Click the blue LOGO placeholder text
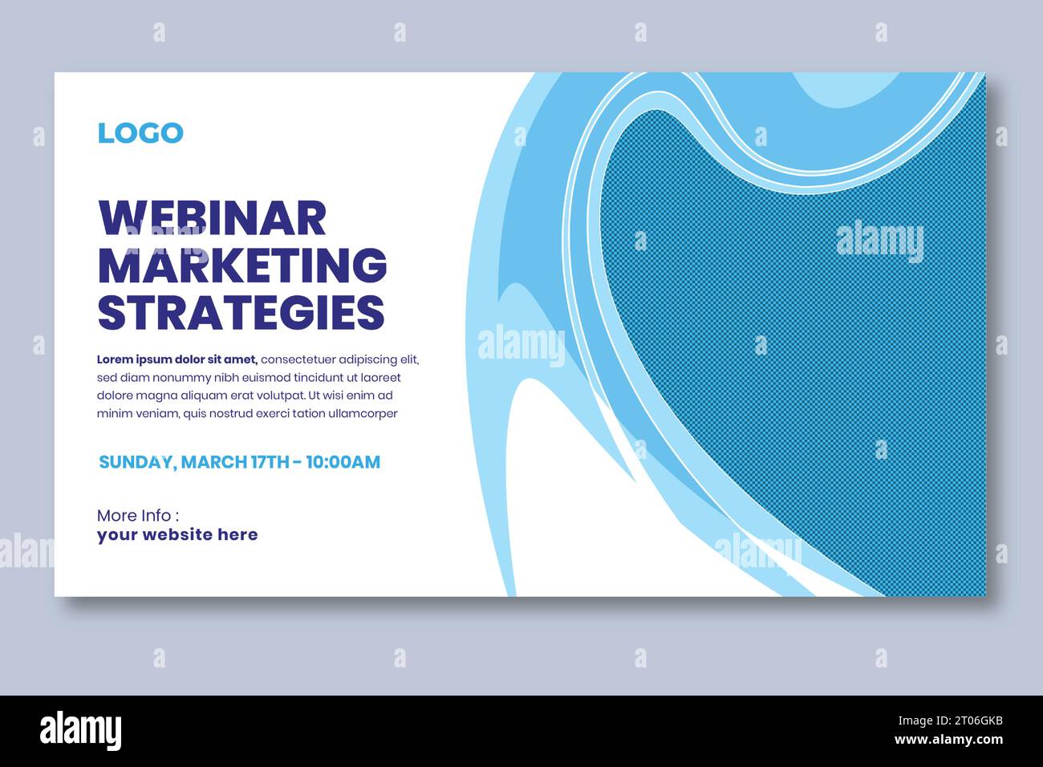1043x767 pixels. [x=140, y=133]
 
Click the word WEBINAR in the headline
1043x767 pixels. [x=212, y=217]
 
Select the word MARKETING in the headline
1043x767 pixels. [x=241, y=265]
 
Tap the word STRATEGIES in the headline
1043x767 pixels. [x=241, y=312]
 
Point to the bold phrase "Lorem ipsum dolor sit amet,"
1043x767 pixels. [x=177, y=359]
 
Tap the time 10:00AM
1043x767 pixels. [x=343, y=462]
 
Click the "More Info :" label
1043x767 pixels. [x=137, y=515]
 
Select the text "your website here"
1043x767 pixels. [x=177, y=535]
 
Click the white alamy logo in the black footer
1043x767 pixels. [x=81, y=731]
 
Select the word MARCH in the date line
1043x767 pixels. [x=214, y=462]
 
